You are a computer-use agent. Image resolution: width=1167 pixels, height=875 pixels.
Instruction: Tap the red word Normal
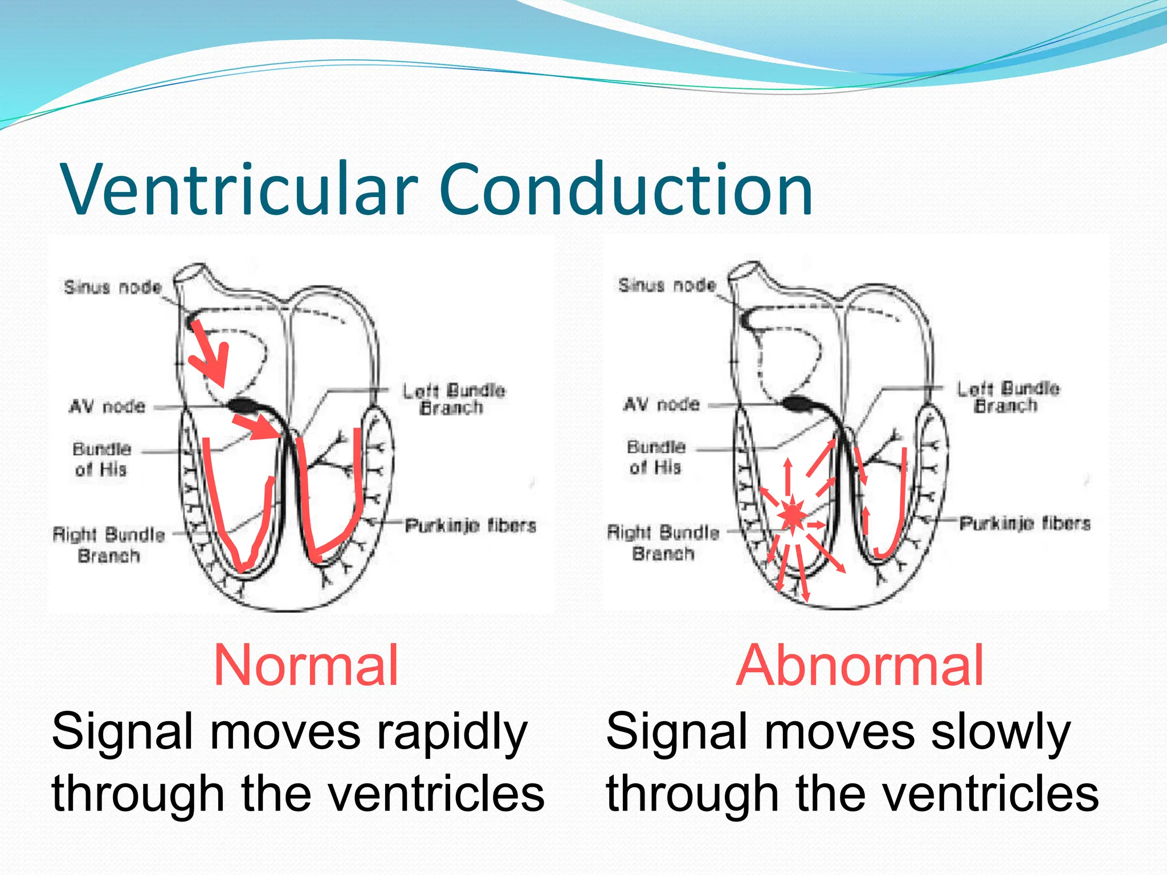(306, 665)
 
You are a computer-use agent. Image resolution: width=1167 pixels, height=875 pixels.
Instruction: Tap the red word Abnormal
(860, 665)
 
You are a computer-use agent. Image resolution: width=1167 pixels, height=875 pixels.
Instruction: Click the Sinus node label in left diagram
(113, 287)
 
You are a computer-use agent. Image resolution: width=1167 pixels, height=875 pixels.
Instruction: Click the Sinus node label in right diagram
(667, 285)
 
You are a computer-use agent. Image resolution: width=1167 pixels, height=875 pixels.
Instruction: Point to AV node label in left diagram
(107, 407)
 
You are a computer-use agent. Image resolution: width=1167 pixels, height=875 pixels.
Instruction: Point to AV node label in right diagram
(661, 404)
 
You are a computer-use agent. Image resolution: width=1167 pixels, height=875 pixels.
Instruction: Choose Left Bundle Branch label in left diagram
(454, 399)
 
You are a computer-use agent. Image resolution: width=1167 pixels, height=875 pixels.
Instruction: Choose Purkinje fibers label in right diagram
(1025, 523)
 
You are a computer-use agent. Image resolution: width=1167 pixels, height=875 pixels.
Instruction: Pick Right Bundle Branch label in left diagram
(109, 545)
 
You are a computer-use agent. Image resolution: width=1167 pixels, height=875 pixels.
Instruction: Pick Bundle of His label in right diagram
(656, 457)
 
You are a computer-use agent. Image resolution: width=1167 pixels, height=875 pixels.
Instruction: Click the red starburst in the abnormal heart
(793, 516)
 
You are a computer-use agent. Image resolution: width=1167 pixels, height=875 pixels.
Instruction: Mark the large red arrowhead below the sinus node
(214, 365)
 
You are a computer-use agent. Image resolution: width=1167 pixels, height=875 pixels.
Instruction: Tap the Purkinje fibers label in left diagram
(471, 525)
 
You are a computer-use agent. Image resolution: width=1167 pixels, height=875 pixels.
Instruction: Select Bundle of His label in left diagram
(101, 459)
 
